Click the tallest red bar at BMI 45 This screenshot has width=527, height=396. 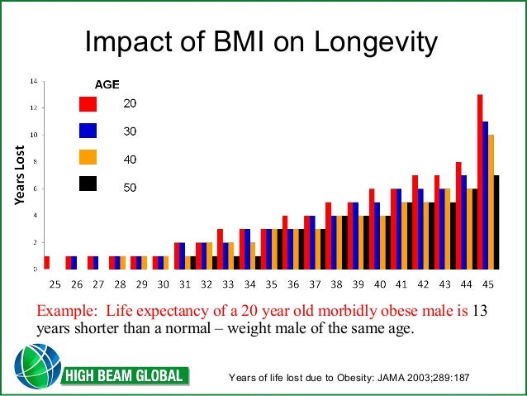[x=480, y=182]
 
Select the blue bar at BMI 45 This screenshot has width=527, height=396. [x=486, y=195]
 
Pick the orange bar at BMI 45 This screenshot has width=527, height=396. [x=491, y=202]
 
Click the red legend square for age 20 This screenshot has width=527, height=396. [x=88, y=103]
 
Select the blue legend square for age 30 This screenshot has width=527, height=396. [x=88, y=131]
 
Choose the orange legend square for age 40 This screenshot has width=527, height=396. [x=88, y=158]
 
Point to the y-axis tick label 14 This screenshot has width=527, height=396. [x=33, y=81]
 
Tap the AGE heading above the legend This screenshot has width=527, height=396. [x=107, y=84]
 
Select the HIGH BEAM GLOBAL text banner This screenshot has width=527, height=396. [x=126, y=377]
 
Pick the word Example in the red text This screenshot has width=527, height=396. [x=63, y=311]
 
